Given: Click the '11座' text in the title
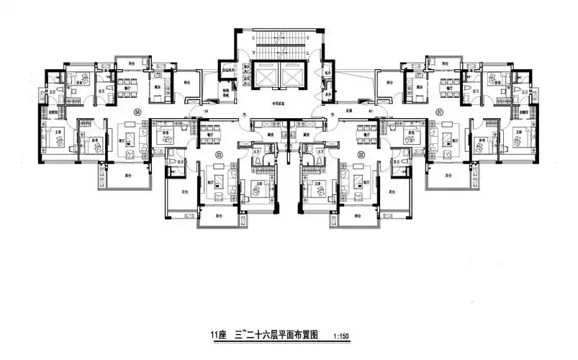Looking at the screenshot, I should pos(218,336).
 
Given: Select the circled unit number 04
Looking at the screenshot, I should pos(137,112).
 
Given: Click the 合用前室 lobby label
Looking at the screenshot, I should pos(277,104).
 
